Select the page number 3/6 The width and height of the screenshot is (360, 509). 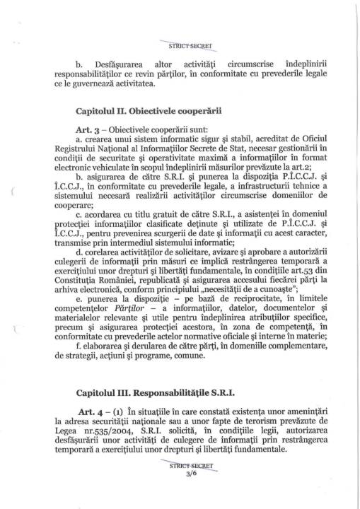point(180,495)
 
